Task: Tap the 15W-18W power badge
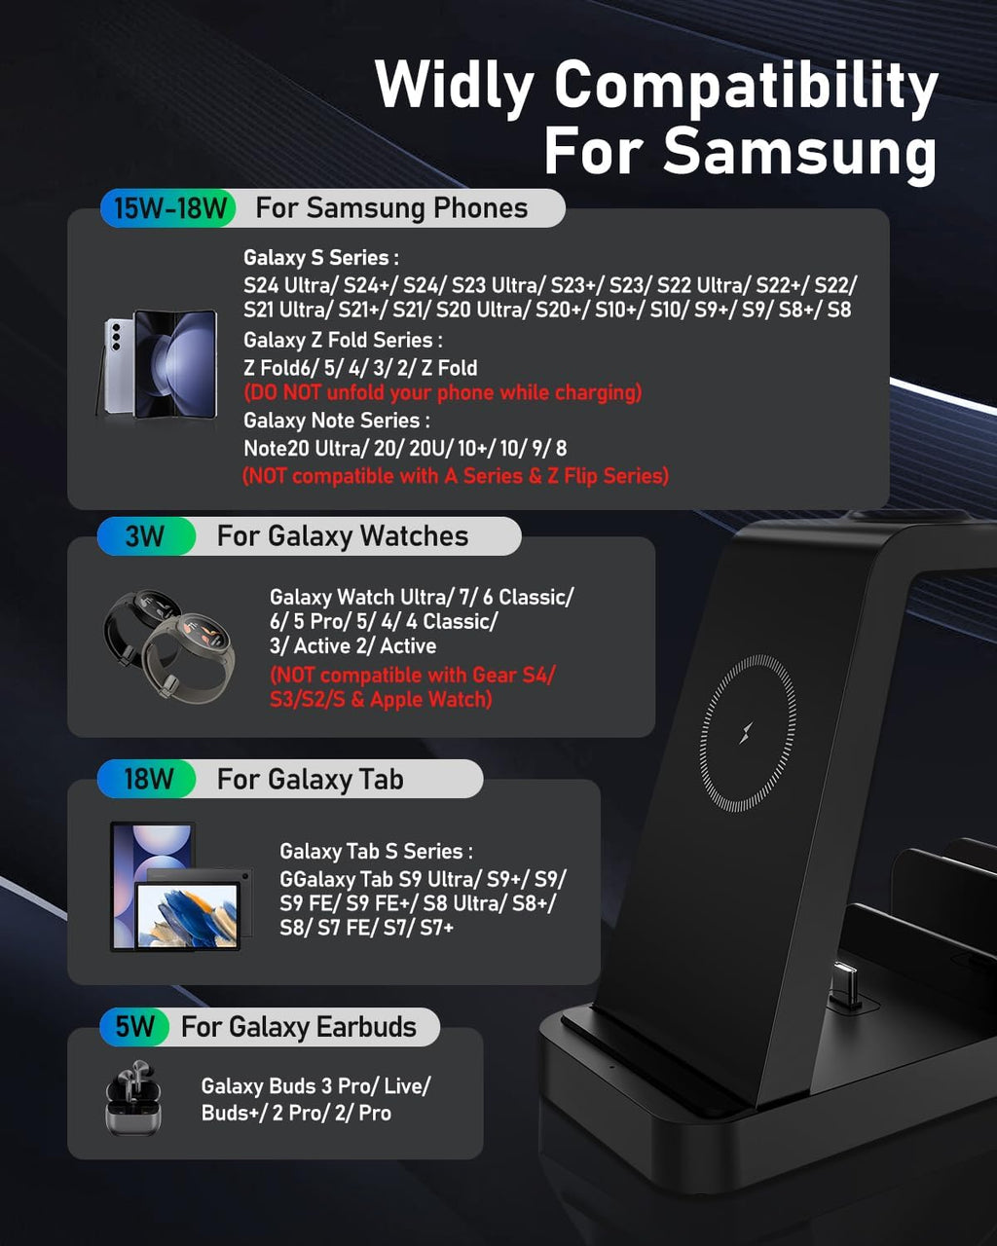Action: pyautogui.click(x=169, y=208)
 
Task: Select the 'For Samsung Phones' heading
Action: pyautogui.click(x=391, y=208)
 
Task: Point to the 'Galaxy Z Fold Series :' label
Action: pyautogui.click(x=343, y=341)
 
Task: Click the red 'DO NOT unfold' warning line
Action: pyautogui.click(x=442, y=393)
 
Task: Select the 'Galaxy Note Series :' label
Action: pyautogui.click(x=337, y=421)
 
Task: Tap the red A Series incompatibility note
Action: pyautogui.click(x=455, y=476)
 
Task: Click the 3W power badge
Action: pyautogui.click(x=145, y=536)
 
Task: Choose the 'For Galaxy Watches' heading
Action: pyautogui.click(x=342, y=536)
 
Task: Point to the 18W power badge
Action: pyautogui.click(x=148, y=780)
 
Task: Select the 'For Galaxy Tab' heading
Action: pyautogui.click(x=310, y=780)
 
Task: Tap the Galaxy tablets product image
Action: pyautogui.click(x=179, y=887)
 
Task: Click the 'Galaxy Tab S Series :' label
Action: pyautogui.click(x=376, y=852)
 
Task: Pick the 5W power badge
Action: pyautogui.click(x=135, y=1027)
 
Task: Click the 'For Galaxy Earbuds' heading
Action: pyautogui.click(x=298, y=1027)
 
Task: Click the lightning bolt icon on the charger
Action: pyautogui.click(x=747, y=733)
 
